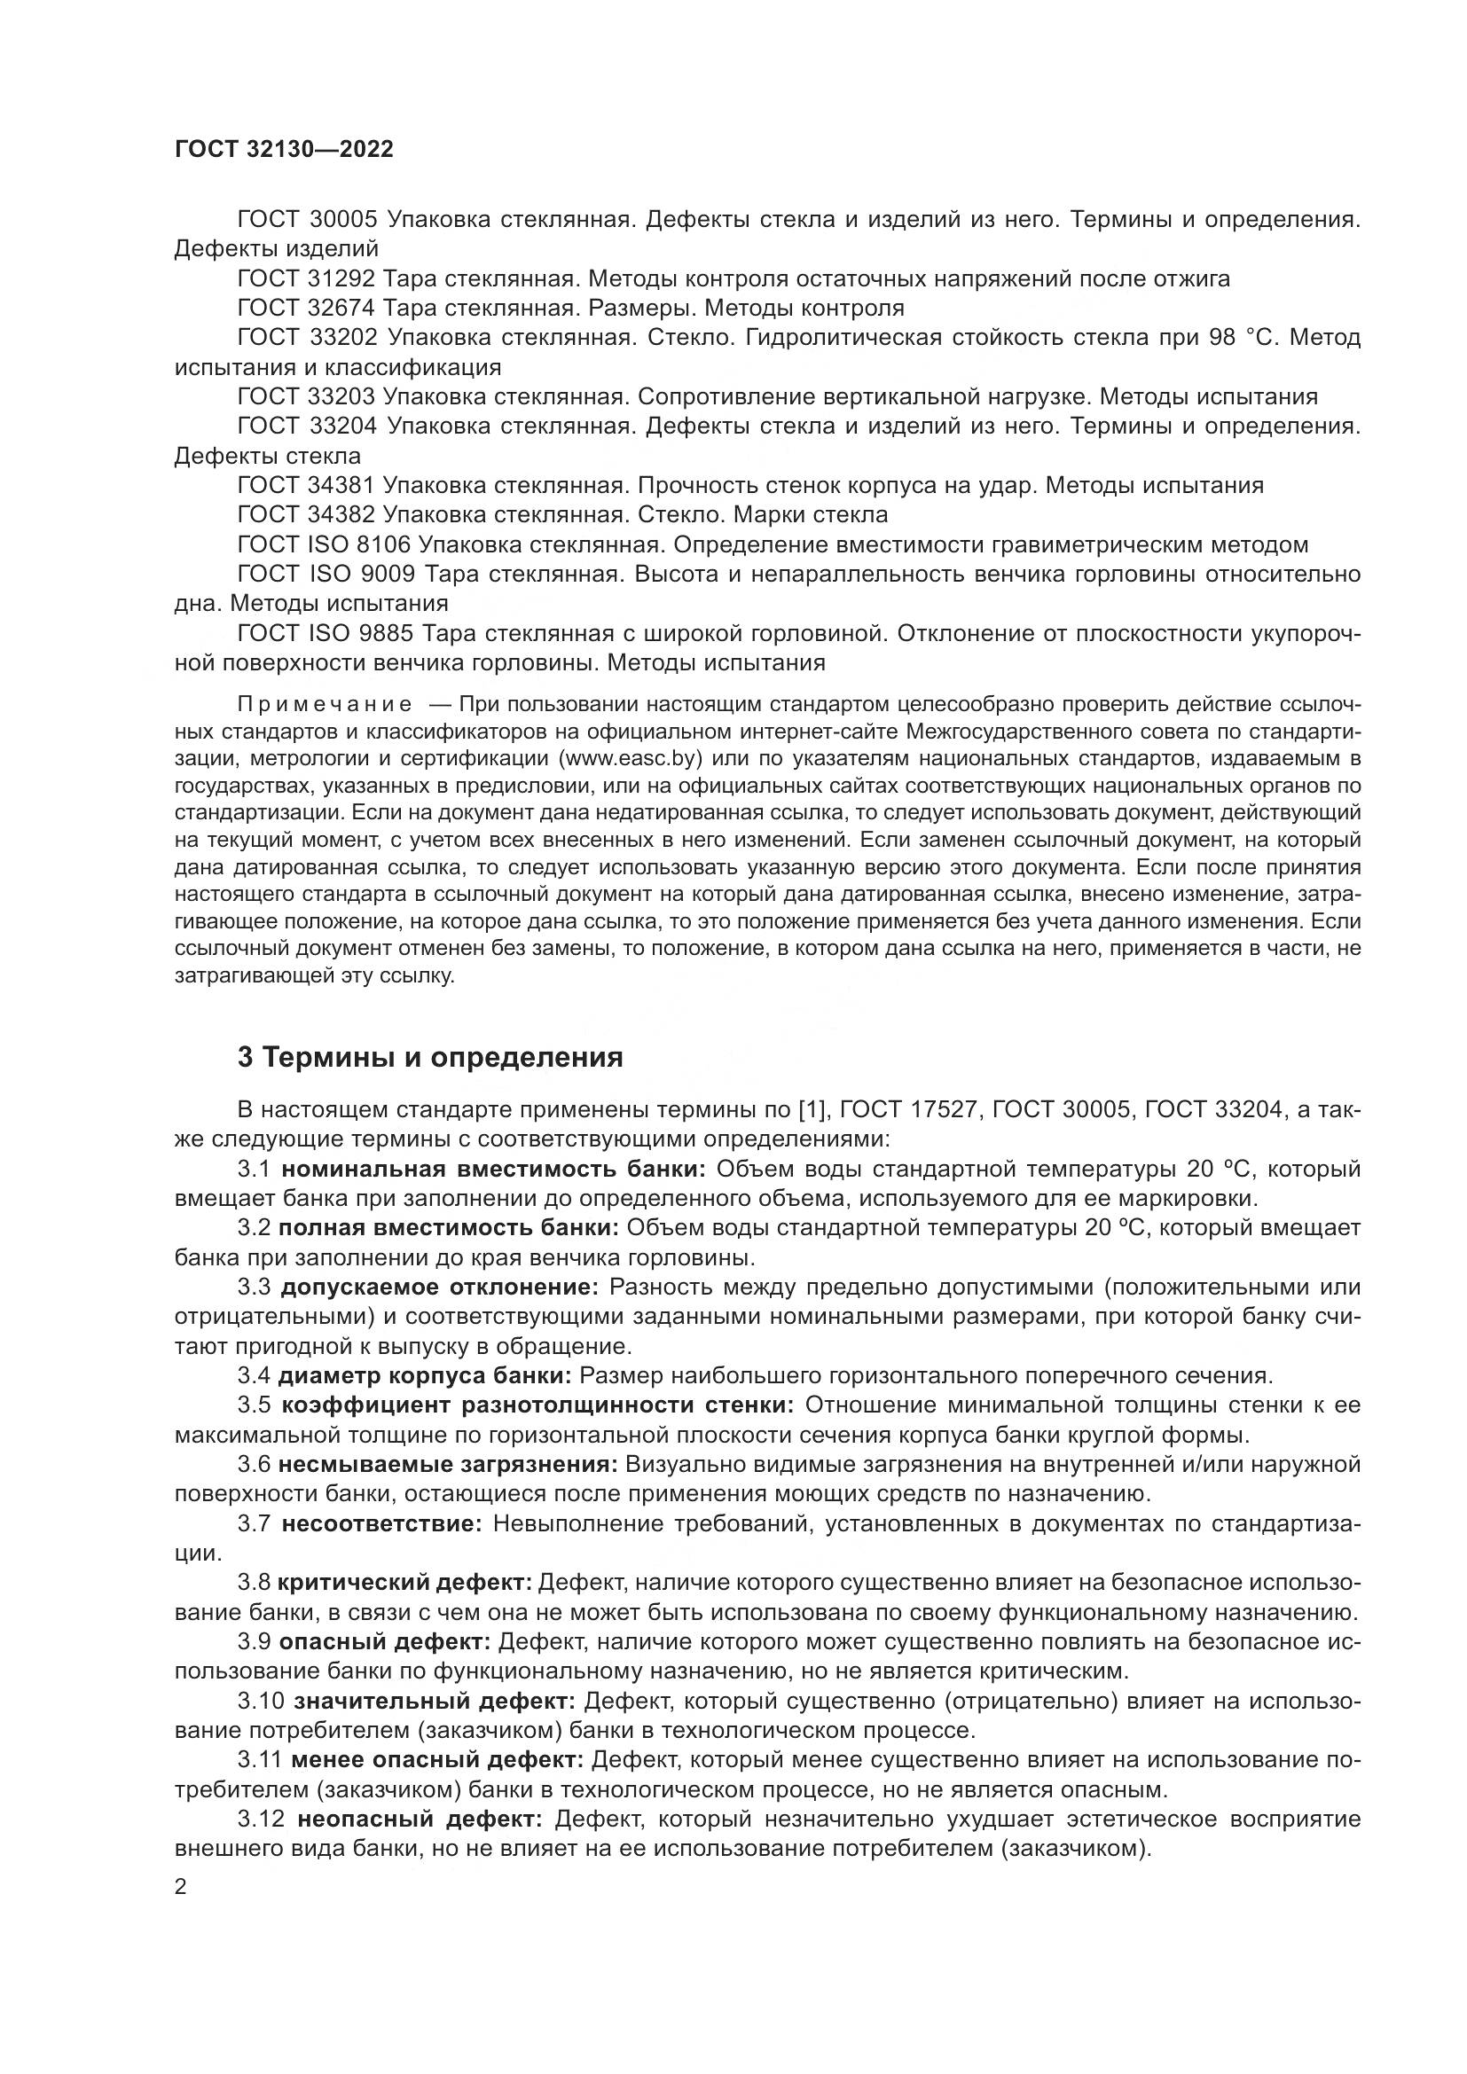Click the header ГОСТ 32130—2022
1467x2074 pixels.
point(284,150)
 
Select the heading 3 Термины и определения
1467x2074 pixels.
point(430,1057)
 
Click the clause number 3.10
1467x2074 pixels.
point(259,1700)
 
